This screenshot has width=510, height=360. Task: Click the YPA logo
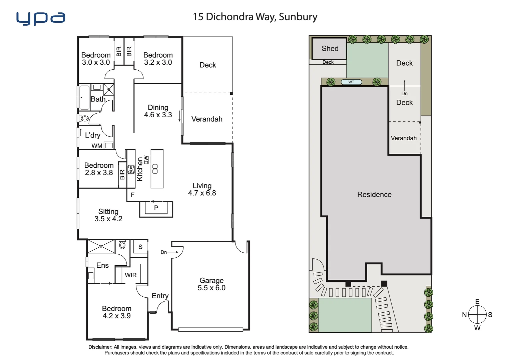coord(41,19)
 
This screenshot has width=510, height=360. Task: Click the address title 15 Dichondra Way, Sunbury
coord(255,17)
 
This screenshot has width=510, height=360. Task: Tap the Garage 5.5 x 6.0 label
coord(211,284)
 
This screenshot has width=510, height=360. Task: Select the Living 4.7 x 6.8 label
coord(202,189)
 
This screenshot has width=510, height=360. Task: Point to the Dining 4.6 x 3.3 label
coord(158,111)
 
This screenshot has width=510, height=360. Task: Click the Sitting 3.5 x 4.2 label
coord(108,215)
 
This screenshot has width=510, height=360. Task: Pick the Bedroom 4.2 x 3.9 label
coord(116,312)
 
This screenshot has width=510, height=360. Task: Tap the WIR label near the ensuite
coord(131,275)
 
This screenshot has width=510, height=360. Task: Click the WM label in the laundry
coord(97,146)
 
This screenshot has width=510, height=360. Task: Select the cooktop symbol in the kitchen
coord(131,169)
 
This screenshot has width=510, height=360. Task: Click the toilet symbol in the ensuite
coord(122,245)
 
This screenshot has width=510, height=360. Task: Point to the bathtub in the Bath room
coord(84,97)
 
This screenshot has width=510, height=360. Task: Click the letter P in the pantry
coord(156,208)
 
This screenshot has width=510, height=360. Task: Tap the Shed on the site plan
coord(330,49)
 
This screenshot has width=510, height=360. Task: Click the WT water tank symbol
coord(351,82)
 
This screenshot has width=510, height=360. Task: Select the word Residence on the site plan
coord(374,195)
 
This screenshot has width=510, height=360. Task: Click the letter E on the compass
coord(477,302)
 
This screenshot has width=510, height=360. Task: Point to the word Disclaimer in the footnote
coord(100,347)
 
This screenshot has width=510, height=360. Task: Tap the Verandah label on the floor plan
coord(207,119)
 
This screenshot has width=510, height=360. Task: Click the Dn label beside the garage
coord(164,252)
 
